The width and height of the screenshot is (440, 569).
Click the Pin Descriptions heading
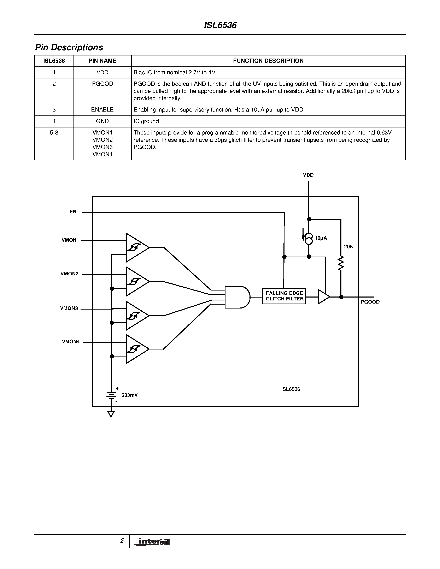[x=69, y=47]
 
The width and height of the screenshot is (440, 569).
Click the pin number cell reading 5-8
[x=54, y=133]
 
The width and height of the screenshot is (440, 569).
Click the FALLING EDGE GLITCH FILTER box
[x=284, y=296]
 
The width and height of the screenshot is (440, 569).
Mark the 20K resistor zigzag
[x=341, y=263]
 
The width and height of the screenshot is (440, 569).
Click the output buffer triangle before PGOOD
[x=323, y=297]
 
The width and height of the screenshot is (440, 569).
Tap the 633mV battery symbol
[x=112, y=395]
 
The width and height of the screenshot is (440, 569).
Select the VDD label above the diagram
[x=308, y=175]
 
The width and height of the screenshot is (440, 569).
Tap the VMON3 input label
[x=69, y=309]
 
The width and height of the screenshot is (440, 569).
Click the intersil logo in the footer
[x=152, y=542]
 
